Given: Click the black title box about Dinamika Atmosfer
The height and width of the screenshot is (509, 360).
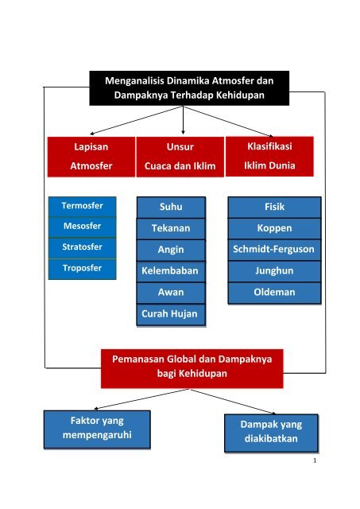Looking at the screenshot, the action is tap(189, 88).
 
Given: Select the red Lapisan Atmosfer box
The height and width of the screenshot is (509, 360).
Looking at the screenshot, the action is tap(91, 157).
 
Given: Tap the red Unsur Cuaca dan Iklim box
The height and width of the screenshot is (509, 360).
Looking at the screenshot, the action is tap(180, 157).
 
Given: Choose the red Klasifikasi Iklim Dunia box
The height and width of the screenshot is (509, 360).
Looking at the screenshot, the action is tap(269, 157).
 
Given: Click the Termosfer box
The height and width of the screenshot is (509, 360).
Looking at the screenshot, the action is tap(82, 207).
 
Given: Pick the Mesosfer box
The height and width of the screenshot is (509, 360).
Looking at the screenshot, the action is tap(82, 227).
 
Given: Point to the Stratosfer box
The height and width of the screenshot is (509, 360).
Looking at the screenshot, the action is tap(82, 248).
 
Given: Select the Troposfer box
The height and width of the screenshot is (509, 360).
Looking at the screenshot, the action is tap(82, 269).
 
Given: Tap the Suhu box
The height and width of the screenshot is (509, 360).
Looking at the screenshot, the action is tap(171, 207).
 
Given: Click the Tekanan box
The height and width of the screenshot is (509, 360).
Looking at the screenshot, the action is tap(171, 228).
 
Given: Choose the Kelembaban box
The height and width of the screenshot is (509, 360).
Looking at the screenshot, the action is tap(171, 271).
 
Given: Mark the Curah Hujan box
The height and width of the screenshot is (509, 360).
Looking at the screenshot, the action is tap(171, 315).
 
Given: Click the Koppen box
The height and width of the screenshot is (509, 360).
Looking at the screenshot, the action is tap(274, 228).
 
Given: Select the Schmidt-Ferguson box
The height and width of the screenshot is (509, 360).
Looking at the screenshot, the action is tap(274, 250).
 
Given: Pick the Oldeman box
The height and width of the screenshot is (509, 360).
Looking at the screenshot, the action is tap(274, 293).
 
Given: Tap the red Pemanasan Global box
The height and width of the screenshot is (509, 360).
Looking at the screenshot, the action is tap(192, 368).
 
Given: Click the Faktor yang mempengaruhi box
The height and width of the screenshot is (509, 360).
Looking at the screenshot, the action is tap(97, 429).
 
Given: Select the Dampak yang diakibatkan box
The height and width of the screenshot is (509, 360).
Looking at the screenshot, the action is tap(271, 433).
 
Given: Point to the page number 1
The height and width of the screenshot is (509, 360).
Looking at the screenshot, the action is tap(315, 460).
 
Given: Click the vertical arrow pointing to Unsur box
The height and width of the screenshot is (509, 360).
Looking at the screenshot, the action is tap(183, 120).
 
